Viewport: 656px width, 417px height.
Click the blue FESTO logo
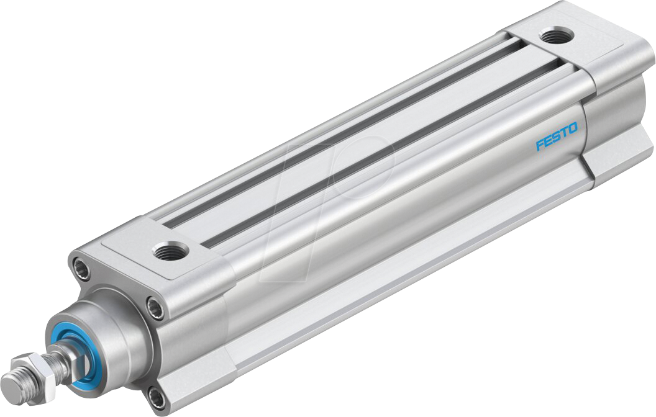(557, 137)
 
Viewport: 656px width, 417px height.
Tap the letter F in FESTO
(539, 145)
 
